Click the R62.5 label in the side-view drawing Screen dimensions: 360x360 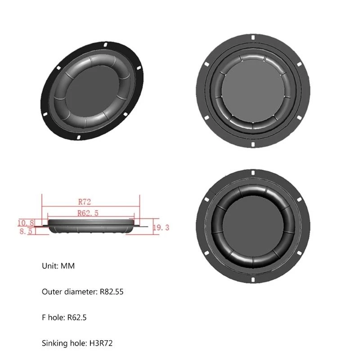coord(88,213)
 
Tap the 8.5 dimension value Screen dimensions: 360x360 coord(26,232)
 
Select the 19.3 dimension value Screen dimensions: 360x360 coord(161,228)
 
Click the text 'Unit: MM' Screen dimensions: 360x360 coord(58,266)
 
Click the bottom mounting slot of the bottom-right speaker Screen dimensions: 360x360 coord(253,283)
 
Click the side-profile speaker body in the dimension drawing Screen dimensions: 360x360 coord(90,226)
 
